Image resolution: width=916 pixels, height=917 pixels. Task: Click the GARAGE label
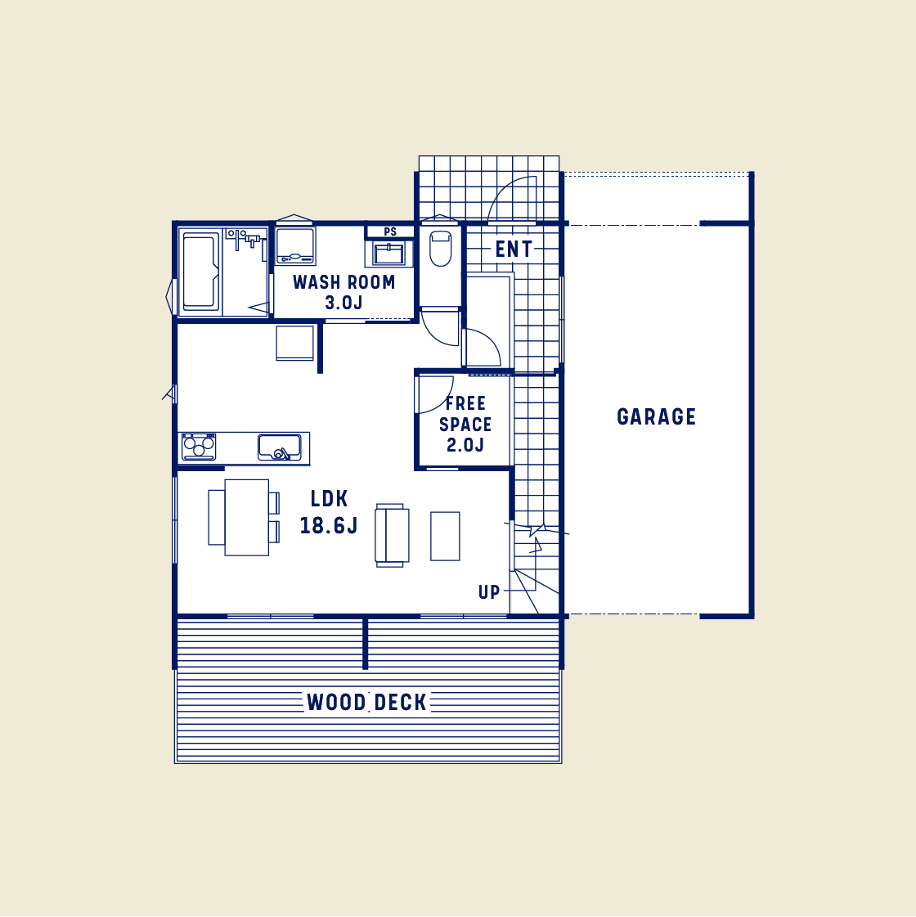pos(656,417)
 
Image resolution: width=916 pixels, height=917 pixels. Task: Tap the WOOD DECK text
pos(366,703)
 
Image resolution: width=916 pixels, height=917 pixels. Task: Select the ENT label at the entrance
pos(514,249)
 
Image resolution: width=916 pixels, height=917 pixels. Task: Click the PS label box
pos(390,231)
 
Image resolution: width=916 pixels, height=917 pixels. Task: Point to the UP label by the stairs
pos(489,592)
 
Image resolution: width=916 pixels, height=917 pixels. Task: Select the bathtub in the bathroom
pos(200,272)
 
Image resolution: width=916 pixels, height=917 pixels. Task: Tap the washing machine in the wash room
pos(294,246)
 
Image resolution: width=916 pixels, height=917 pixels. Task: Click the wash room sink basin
pos(388,254)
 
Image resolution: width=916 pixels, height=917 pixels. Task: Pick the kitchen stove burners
pos(199,447)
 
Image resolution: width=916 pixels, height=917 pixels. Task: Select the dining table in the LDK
pos(246,517)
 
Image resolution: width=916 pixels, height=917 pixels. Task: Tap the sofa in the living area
pos(391,535)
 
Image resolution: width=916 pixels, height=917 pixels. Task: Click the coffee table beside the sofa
pos(445,536)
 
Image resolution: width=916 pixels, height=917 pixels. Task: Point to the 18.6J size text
pos(329,526)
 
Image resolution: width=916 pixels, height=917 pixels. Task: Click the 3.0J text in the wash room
pos(343,303)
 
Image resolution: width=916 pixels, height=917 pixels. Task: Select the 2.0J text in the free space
pos(465,445)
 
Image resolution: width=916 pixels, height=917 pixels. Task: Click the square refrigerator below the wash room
pos(294,343)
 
